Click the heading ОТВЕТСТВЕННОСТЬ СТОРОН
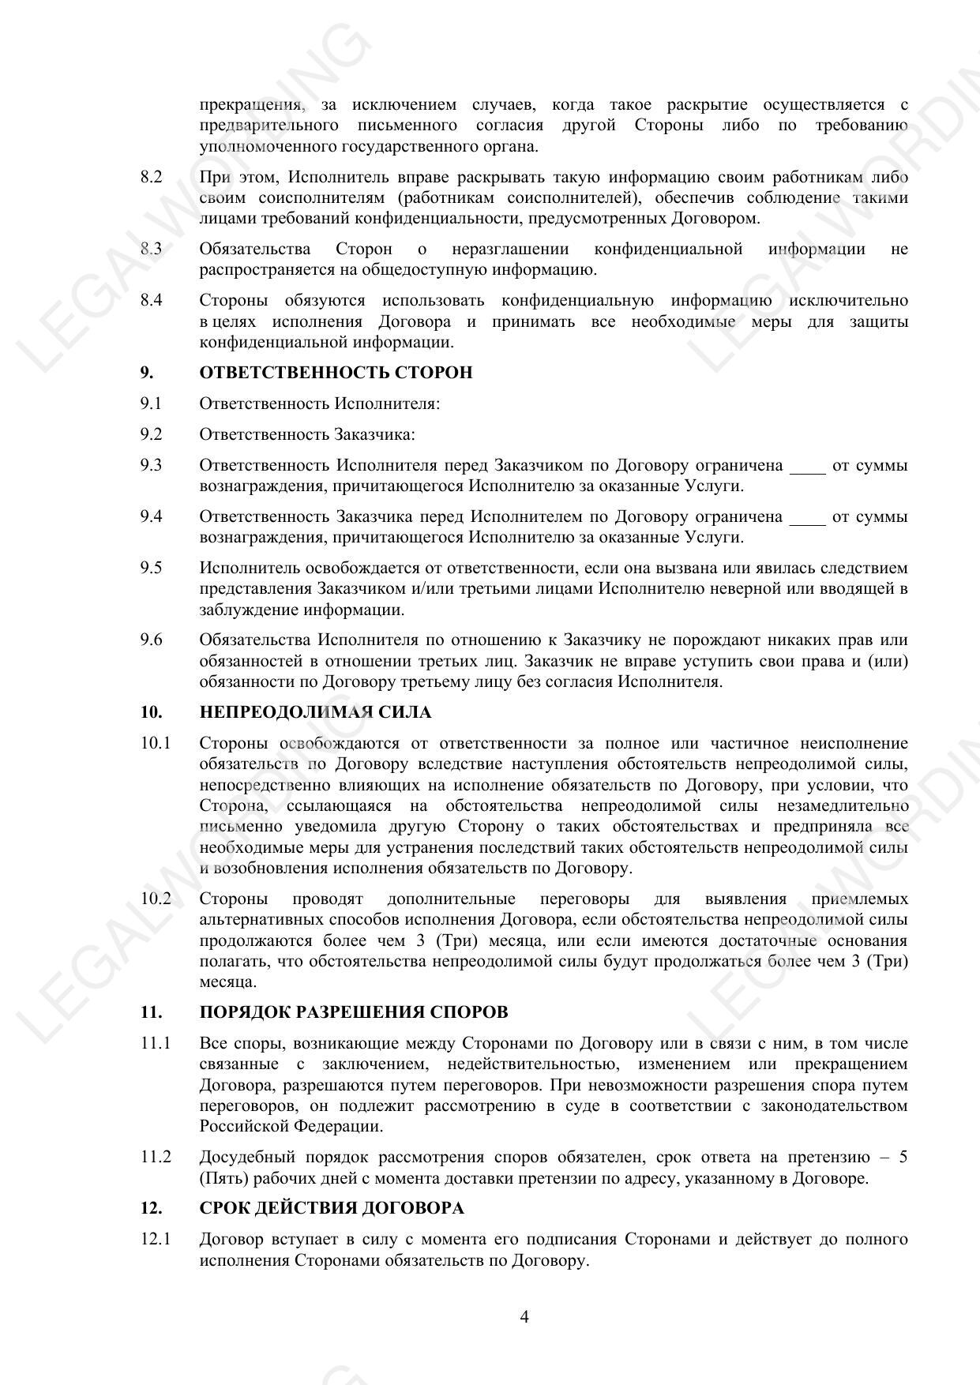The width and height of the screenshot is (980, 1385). point(336,373)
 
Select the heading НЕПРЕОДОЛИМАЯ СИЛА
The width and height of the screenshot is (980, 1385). point(315,712)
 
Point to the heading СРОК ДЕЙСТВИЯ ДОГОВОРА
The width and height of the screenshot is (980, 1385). point(332,1208)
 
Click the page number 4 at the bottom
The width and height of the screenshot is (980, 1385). point(524,1316)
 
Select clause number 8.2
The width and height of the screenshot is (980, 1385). point(151,177)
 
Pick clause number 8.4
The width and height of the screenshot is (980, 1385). point(151,300)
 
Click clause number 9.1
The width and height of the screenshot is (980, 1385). point(151,403)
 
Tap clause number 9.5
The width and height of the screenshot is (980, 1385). point(151,568)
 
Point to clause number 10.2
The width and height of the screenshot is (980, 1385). point(156,899)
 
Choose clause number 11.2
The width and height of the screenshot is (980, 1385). point(156,1157)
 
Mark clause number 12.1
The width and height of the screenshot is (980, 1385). point(156,1239)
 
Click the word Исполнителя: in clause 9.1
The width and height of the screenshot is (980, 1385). point(387,403)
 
